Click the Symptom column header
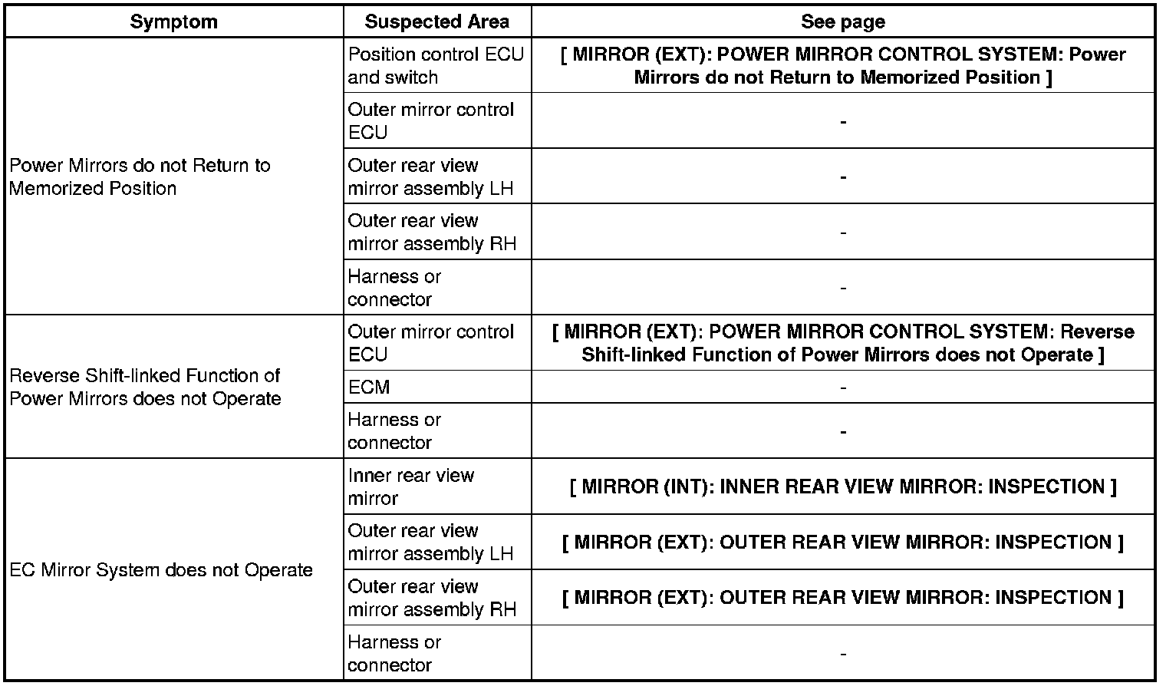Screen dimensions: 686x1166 [173, 21]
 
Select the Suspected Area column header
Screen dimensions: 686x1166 [436, 21]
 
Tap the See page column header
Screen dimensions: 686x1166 [842, 21]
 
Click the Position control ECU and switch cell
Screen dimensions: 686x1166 [435, 66]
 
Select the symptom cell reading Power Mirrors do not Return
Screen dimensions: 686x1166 [140, 176]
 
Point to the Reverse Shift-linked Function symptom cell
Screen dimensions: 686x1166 [145, 387]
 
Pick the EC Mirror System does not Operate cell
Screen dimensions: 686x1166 [161, 570]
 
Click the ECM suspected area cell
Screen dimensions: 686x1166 [369, 388]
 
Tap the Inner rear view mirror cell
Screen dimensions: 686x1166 [411, 486]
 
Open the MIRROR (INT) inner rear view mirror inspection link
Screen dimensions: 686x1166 [842, 486]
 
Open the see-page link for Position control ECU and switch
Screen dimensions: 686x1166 [842, 66]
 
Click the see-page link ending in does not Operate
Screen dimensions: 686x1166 [842, 343]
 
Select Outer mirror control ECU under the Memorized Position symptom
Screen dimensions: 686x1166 [430, 121]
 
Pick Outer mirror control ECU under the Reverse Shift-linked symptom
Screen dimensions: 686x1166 [430, 343]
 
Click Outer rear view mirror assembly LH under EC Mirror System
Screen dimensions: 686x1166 [430, 542]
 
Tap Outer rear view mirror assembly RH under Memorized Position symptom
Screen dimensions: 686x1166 [431, 232]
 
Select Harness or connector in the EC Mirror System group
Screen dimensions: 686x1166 [394, 653]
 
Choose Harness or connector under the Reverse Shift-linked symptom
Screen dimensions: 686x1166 [394, 431]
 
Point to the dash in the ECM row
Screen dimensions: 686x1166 [842, 388]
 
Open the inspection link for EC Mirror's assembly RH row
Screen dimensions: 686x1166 [842, 597]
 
